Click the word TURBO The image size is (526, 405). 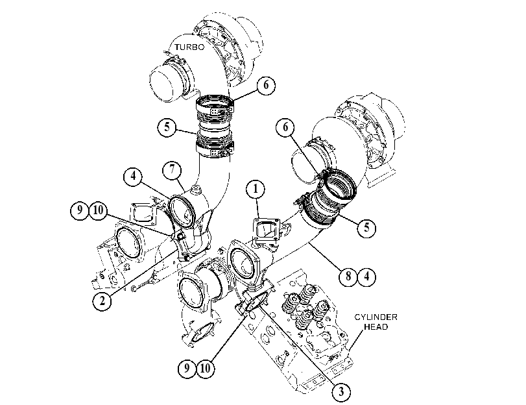pos(189,47)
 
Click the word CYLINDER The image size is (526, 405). pos(376,317)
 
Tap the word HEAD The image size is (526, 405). pos(376,326)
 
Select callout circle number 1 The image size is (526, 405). pos(256,189)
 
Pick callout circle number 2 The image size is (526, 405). pos(102,301)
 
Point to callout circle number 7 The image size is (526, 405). pos(172,169)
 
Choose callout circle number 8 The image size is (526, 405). pos(348,276)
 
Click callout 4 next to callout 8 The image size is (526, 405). pos(366,276)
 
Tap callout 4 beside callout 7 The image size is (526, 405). pos(133,176)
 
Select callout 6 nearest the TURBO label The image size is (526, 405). pos(266,85)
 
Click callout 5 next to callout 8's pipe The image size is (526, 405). pos(366,228)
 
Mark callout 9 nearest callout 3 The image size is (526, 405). pos(187,369)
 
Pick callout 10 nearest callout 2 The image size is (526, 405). pos(98,210)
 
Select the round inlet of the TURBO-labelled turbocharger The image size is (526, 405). pos(165,84)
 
